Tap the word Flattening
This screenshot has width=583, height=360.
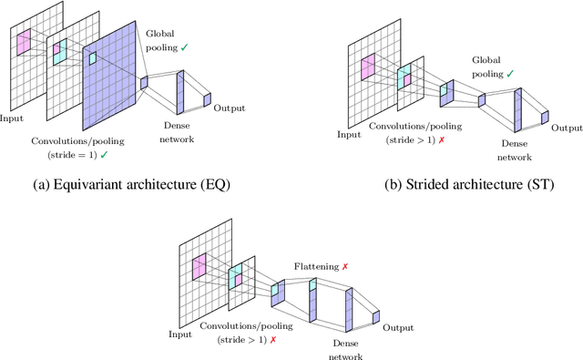pyautogui.click(x=314, y=266)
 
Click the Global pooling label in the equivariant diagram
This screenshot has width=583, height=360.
pyautogui.click(x=167, y=41)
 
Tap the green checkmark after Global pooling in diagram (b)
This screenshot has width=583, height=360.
pyautogui.click(x=509, y=74)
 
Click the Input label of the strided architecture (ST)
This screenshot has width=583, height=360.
pyautogui.click(x=349, y=135)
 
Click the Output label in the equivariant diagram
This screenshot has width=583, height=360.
pyautogui.click(x=229, y=108)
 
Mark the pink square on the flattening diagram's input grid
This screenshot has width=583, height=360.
pyautogui.click(x=199, y=266)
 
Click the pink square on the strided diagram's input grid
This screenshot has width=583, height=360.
pyautogui.click(x=369, y=66)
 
